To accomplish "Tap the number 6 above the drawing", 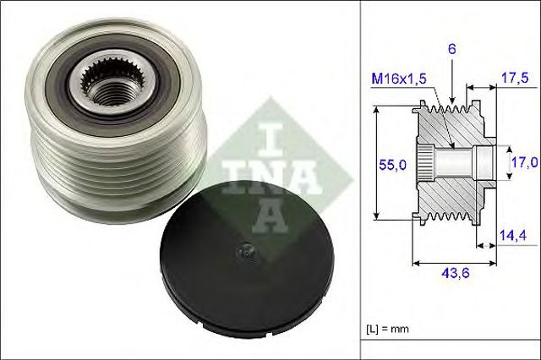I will point(453,50).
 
